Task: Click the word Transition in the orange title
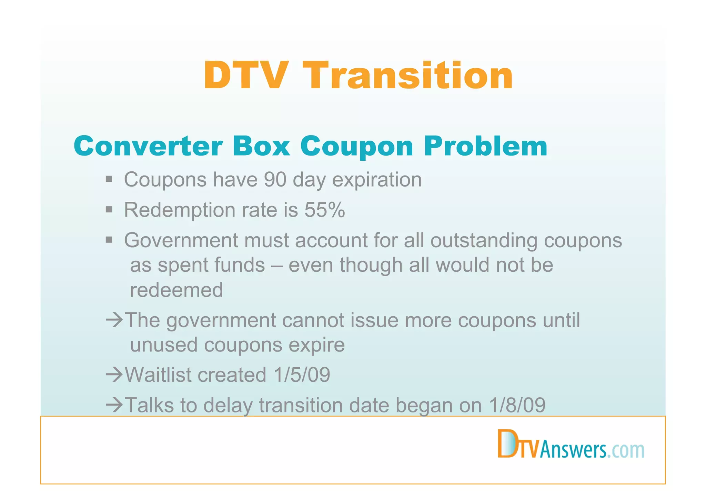pyautogui.click(x=410, y=76)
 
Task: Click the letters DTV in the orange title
pyautogui.click(x=246, y=76)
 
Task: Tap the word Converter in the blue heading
pyautogui.click(x=148, y=146)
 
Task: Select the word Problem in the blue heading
pyautogui.click(x=486, y=146)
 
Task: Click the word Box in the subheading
pyautogui.click(x=261, y=146)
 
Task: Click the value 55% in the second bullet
pyautogui.click(x=325, y=210)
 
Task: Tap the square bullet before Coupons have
pyautogui.click(x=109, y=179)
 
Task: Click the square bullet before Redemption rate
pyautogui.click(x=109, y=209)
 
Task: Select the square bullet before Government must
pyautogui.click(x=109, y=240)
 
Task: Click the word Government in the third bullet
pyautogui.click(x=181, y=240)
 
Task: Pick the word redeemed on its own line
pyautogui.click(x=176, y=290)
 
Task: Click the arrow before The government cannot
pyautogui.click(x=114, y=320)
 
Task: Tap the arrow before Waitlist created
pyautogui.click(x=114, y=375)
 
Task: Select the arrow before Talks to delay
pyautogui.click(x=114, y=405)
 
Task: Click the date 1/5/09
pyautogui.click(x=302, y=375)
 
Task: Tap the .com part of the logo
pyautogui.click(x=626, y=450)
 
